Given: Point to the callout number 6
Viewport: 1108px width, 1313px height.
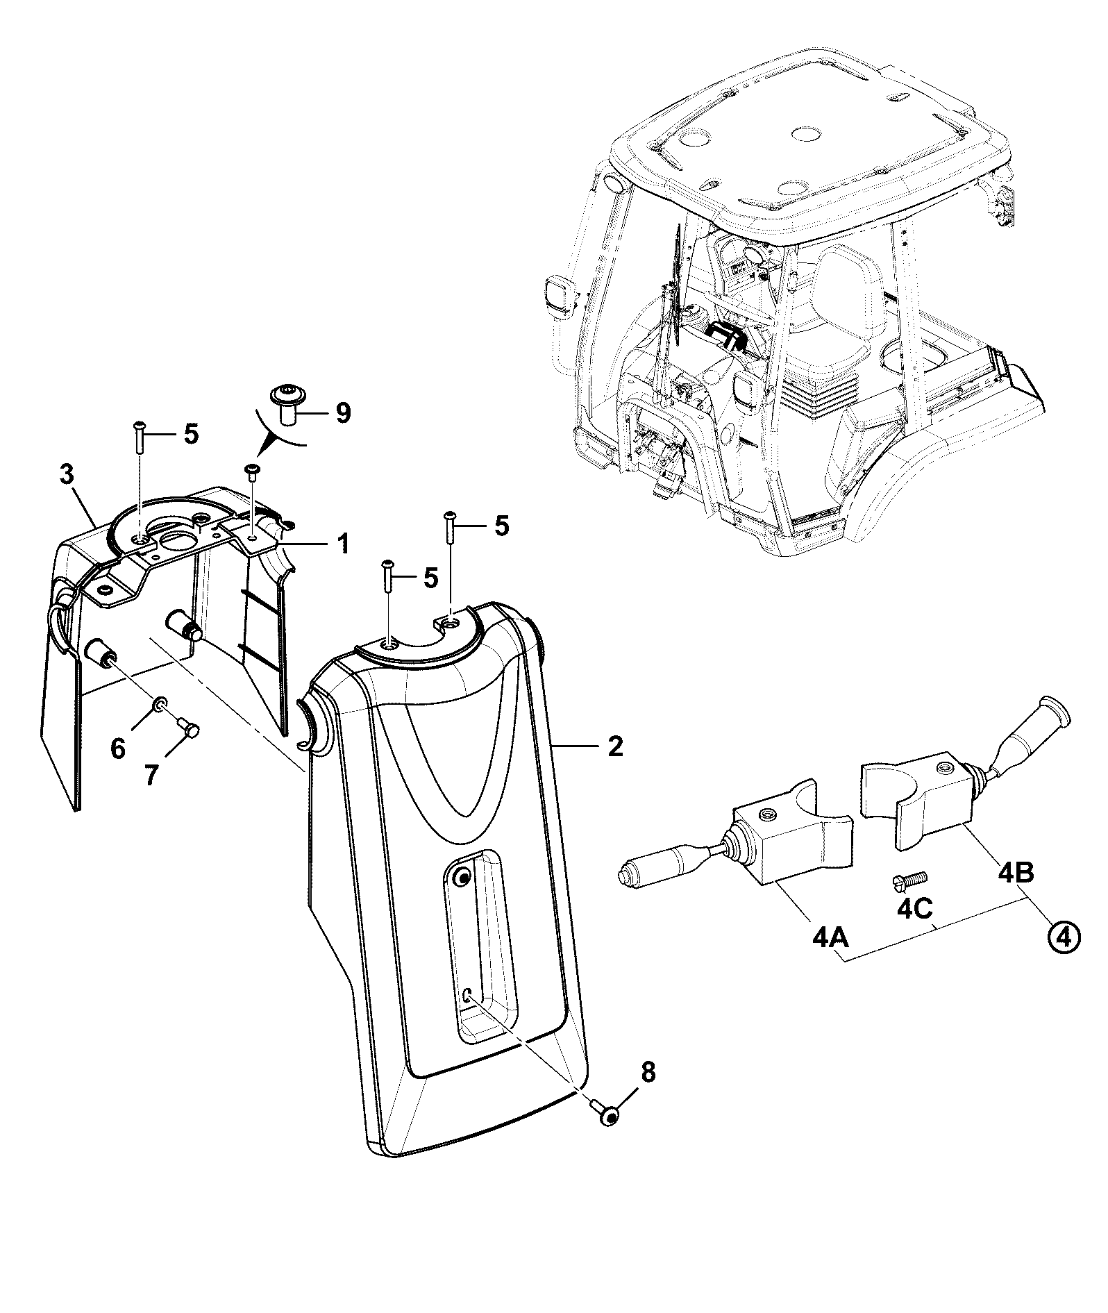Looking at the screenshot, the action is point(119,749).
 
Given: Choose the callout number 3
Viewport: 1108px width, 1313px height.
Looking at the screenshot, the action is point(66,476).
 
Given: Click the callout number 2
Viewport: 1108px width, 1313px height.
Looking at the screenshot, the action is point(615,747).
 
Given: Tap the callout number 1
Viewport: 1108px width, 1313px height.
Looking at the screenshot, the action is point(343,543).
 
